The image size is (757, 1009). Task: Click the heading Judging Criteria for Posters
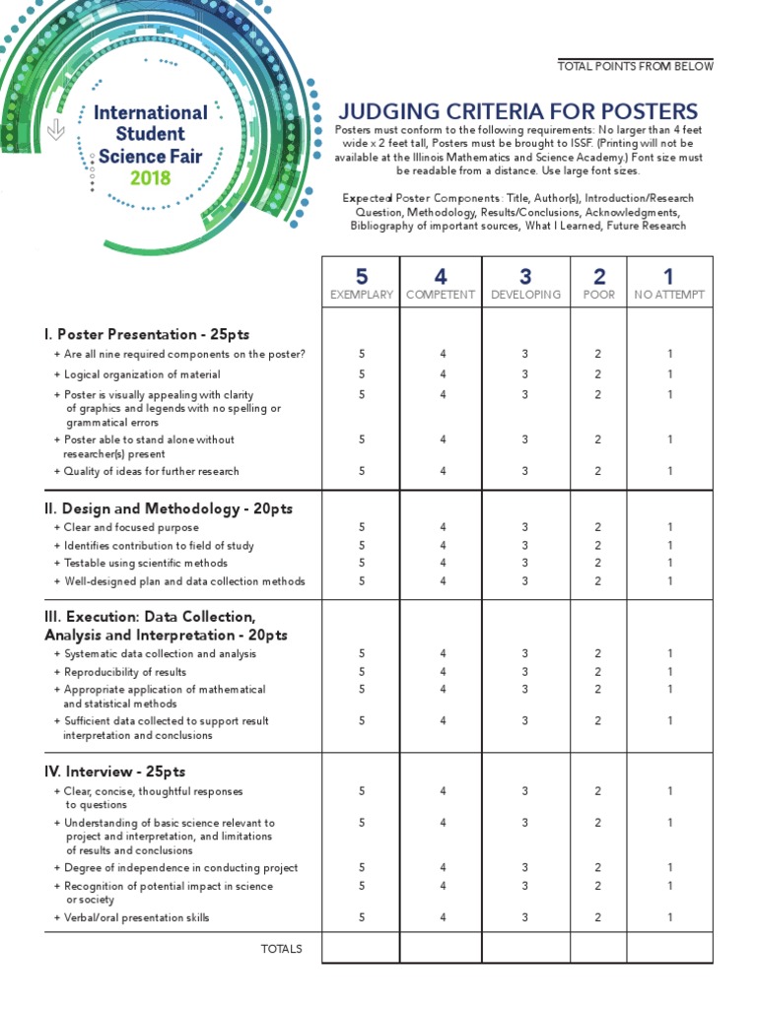point(517,111)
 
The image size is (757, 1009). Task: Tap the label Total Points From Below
point(635,66)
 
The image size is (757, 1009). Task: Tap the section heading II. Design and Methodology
point(169,508)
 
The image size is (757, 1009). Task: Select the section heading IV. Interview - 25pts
point(115,771)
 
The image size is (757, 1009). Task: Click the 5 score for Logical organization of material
point(362,374)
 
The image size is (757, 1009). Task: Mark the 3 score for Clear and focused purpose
point(525,527)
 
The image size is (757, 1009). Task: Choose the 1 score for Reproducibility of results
point(669,672)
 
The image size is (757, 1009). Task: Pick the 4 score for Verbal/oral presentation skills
point(443,917)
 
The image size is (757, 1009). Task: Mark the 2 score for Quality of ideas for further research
point(597,471)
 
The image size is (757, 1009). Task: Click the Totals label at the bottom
point(281,949)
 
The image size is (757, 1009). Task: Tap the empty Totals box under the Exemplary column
point(361,948)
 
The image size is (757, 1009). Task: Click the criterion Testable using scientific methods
point(146,564)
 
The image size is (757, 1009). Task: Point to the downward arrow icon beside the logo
point(56,129)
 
